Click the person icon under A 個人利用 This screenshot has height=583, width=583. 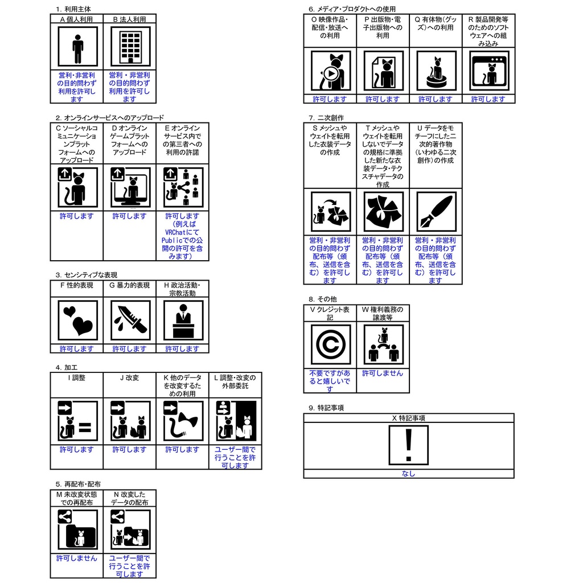point(77,47)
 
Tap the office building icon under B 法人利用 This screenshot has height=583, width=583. point(130,47)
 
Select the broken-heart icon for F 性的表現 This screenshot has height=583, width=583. point(77,320)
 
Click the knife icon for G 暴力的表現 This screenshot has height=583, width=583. point(130,320)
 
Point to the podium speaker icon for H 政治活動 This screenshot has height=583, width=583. point(183,320)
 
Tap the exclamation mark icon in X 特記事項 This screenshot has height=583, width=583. point(408,445)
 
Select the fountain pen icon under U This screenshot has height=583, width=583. point(436,212)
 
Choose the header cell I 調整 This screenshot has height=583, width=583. point(77,377)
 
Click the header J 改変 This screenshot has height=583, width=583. point(130,377)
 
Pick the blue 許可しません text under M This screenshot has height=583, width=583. point(77,559)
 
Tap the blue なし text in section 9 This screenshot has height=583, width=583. point(408,474)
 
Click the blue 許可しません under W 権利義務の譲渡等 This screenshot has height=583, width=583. point(383,373)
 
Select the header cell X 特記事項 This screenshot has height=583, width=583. point(408,418)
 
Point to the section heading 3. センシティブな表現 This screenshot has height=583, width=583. point(87,275)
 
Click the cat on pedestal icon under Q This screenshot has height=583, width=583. point(436,71)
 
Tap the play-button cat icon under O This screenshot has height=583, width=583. point(330,71)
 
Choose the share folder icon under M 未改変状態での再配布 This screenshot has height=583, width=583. point(77,529)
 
